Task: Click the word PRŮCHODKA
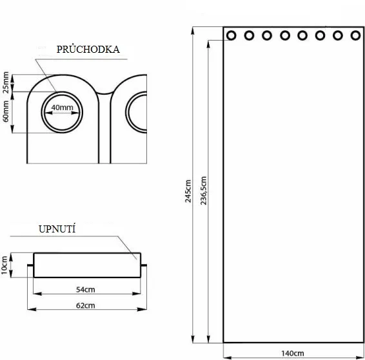click(x=88, y=49)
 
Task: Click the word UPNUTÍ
click(x=57, y=229)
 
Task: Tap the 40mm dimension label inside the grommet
click(x=62, y=108)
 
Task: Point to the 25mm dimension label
click(x=6, y=82)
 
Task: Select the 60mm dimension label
click(x=6, y=111)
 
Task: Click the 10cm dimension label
click(x=5, y=265)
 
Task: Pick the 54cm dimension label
click(x=86, y=290)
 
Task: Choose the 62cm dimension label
click(x=86, y=305)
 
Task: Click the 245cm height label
click(x=188, y=191)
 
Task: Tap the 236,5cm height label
click(x=203, y=191)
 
